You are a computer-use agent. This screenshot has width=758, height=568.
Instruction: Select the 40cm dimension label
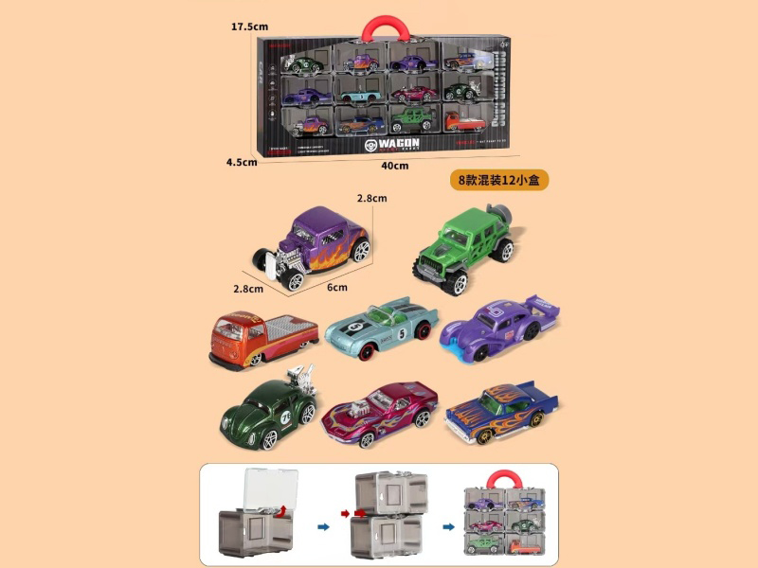coord(394,167)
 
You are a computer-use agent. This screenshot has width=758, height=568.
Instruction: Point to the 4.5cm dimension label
coord(242,162)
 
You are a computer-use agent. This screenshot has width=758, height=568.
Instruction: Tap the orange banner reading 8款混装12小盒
coord(497,180)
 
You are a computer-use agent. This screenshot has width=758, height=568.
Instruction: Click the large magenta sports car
coord(379,408)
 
